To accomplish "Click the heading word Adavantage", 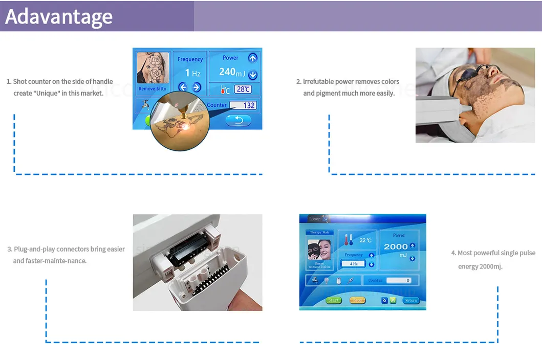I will coord(59,16).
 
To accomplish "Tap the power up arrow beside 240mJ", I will coord(252,58).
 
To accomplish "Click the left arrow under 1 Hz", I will coord(182,87).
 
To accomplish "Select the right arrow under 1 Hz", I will coord(197,87).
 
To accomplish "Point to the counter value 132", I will coord(243,105).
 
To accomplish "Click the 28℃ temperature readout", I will coord(243,89).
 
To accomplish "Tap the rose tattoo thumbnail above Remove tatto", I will coord(153,69).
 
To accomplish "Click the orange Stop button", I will coord(357,300).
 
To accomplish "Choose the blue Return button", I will coord(410,300).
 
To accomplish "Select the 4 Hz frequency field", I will coord(353,264).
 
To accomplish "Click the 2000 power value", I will coord(396,247).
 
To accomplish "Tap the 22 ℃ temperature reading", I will coord(365,240).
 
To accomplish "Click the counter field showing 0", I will coord(399,280).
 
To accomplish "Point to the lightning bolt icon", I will coord(351,280).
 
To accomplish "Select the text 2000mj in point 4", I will coord(491,266).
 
